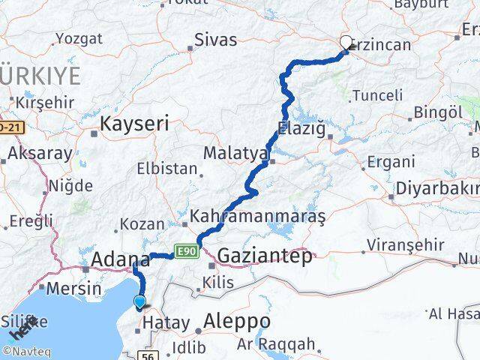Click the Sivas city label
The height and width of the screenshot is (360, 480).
(x=215, y=40)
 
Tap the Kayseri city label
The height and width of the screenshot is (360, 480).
(x=134, y=124)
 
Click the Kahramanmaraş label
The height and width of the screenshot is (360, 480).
(x=258, y=217)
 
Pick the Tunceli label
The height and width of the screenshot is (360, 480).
(x=377, y=95)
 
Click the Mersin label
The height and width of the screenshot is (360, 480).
(x=73, y=288)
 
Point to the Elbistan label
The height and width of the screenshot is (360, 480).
(x=166, y=169)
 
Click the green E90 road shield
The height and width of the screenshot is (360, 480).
(x=185, y=252)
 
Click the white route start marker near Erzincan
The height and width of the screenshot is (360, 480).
(x=346, y=43)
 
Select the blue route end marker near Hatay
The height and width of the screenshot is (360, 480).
(x=140, y=302)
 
